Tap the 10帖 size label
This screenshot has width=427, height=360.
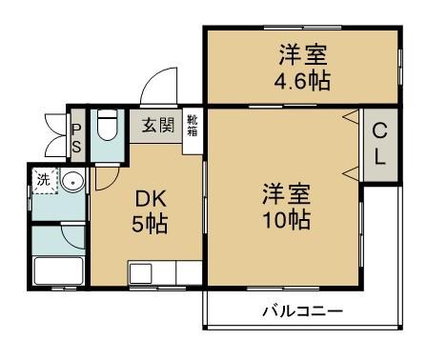coord(287,220)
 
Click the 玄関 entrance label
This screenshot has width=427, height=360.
coord(159,126)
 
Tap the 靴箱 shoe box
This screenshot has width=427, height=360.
coord(193,125)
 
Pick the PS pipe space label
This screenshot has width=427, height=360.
coord(76,135)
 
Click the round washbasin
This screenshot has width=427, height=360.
coord(74,181)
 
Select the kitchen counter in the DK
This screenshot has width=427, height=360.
coord(165,272)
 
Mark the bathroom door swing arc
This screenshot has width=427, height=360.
coord(72,234)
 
